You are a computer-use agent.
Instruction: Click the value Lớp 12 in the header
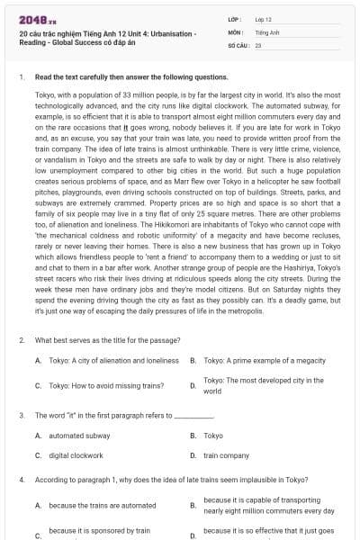pos(264,18)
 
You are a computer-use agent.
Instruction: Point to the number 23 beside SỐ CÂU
pos(258,43)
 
